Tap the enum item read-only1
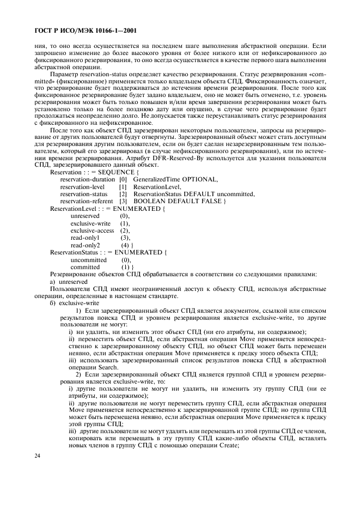tap(85, 238)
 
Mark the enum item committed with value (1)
tap(86, 267)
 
